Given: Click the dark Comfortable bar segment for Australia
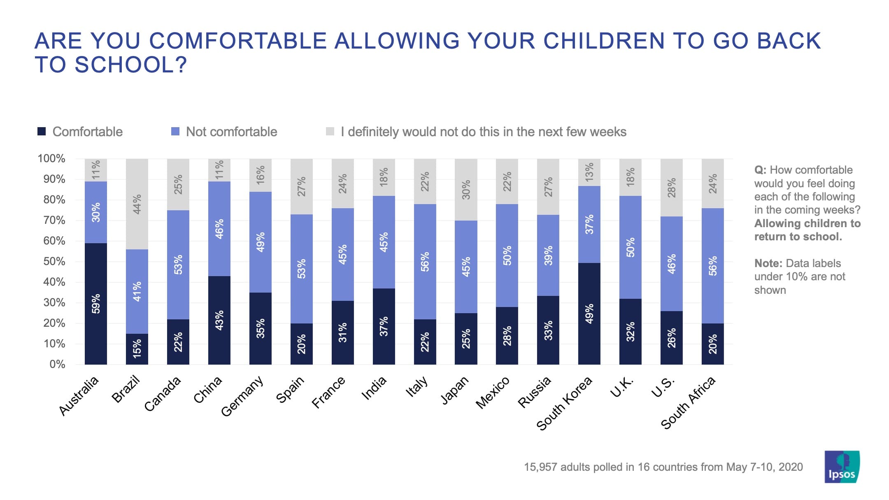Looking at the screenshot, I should [x=95, y=304].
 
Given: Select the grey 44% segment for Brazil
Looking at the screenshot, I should [x=137, y=204].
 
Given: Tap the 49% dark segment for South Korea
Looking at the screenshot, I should [x=589, y=314].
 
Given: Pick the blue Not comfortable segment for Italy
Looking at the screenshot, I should [x=425, y=262].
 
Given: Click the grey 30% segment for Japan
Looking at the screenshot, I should [x=466, y=190].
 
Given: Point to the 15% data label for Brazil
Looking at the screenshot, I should [x=137, y=348].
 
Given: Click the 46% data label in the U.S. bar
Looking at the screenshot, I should [x=671, y=264].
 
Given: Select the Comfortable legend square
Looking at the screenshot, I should [x=42, y=132].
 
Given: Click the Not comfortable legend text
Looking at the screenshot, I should [x=231, y=132].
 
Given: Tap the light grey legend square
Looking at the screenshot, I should [x=330, y=132].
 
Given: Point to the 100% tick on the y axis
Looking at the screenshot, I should [x=51, y=158].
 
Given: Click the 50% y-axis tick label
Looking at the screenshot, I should [x=54, y=261].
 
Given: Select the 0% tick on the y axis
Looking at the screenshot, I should [x=57, y=364].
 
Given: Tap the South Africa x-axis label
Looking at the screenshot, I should [x=688, y=402].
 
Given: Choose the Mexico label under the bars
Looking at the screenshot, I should [x=493, y=393].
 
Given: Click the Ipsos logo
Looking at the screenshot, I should [x=842, y=467].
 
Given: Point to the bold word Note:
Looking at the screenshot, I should [x=768, y=263].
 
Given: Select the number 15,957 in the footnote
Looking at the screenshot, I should [x=540, y=467].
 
